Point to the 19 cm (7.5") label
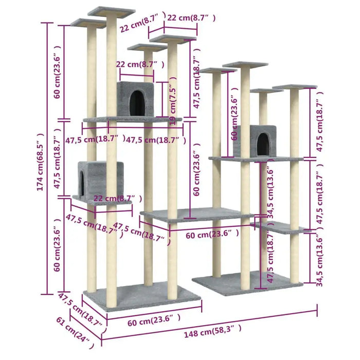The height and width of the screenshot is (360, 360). (x=173, y=102)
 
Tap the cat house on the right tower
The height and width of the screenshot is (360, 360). (x=256, y=140)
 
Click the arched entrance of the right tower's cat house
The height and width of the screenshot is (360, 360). (x=263, y=143)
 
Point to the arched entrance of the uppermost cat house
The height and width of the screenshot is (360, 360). (x=136, y=101)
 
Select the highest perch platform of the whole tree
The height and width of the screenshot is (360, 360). (x=111, y=11)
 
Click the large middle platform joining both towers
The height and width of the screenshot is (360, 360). (x=195, y=214)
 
